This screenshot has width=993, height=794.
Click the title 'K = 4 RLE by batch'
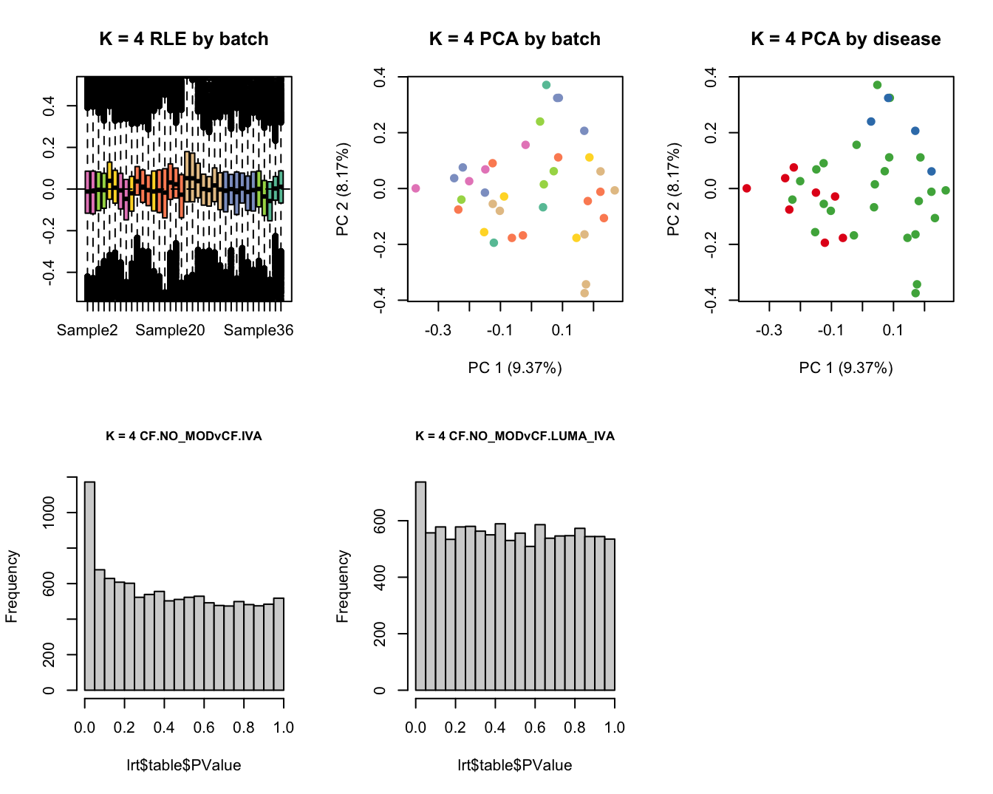tap(184, 39)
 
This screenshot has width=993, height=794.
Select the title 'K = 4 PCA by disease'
tap(845, 39)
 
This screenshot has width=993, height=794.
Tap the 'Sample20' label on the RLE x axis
tap(170, 330)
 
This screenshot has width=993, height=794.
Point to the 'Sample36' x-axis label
tap(259, 330)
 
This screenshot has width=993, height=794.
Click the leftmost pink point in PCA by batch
tap(415, 188)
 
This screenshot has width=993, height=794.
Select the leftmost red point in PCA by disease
tap(746, 188)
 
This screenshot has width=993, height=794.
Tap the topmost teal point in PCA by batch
tap(546, 85)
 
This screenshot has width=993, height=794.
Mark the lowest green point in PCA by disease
tap(915, 293)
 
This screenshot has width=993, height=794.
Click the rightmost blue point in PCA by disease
tap(931, 171)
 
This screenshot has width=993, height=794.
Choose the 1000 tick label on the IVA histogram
tap(49, 513)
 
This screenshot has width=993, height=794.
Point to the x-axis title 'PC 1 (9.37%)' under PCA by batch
tap(515, 368)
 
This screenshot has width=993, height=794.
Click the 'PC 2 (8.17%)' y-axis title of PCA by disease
tap(673, 189)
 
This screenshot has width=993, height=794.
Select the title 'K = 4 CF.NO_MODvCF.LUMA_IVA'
tap(515, 436)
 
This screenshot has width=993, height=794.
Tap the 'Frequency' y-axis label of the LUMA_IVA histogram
tap(342, 586)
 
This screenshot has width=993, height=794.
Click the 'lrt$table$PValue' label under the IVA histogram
tap(184, 765)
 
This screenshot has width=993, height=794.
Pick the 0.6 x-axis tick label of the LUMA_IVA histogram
tap(535, 728)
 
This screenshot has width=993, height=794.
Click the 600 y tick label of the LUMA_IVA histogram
tap(380, 521)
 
